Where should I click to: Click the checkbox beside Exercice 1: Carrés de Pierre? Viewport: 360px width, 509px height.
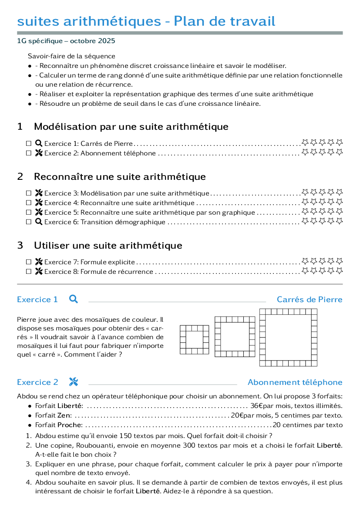[x=29, y=144]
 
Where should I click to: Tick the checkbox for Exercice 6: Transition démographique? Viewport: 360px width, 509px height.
[x=29, y=222]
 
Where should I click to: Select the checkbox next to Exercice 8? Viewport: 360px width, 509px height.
[x=29, y=272]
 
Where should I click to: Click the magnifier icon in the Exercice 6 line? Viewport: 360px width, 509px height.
[x=39, y=222]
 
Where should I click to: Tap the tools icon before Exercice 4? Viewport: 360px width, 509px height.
[x=39, y=202]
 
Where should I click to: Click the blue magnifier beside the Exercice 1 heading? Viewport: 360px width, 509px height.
[x=74, y=299]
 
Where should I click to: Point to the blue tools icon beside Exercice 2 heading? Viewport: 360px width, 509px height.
[x=74, y=382]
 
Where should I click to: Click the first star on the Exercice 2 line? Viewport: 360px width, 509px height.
[x=305, y=152]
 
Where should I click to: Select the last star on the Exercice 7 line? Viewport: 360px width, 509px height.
[x=339, y=261]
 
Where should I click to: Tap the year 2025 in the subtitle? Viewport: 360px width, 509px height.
[x=107, y=41]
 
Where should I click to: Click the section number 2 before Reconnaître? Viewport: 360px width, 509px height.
[x=20, y=177]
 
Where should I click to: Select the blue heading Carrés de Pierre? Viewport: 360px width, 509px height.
[x=310, y=299]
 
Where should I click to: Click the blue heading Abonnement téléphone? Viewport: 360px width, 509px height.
[x=295, y=382]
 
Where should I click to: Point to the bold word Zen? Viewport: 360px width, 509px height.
[x=64, y=415]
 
